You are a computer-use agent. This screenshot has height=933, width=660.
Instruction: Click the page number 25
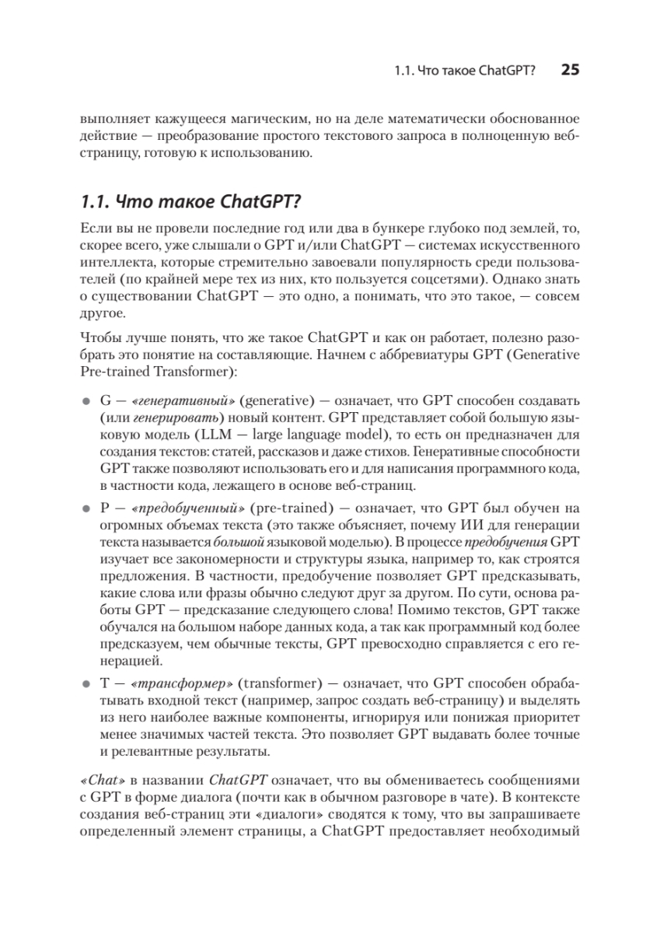pos(570,70)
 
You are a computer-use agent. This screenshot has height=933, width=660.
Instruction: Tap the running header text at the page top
pos(465,71)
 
